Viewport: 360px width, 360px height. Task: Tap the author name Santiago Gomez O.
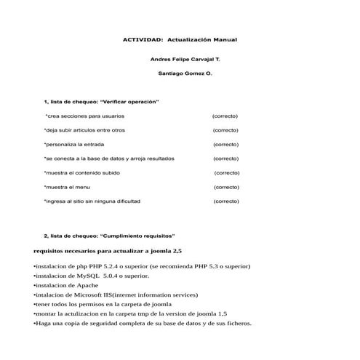(x=185, y=73)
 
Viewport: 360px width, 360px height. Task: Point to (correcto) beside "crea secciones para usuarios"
(x=225, y=116)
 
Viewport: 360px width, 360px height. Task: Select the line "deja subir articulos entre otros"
(x=84, y=130)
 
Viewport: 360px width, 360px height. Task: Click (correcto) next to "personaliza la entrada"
(x=225, y=145)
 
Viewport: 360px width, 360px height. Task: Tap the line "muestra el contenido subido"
(x=82, y=173)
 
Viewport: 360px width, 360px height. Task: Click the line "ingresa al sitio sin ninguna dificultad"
(x=92, y=201)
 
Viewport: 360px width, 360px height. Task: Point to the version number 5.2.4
(x=110, y=267)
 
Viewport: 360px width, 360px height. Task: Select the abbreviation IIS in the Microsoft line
(x=108, y=295)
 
